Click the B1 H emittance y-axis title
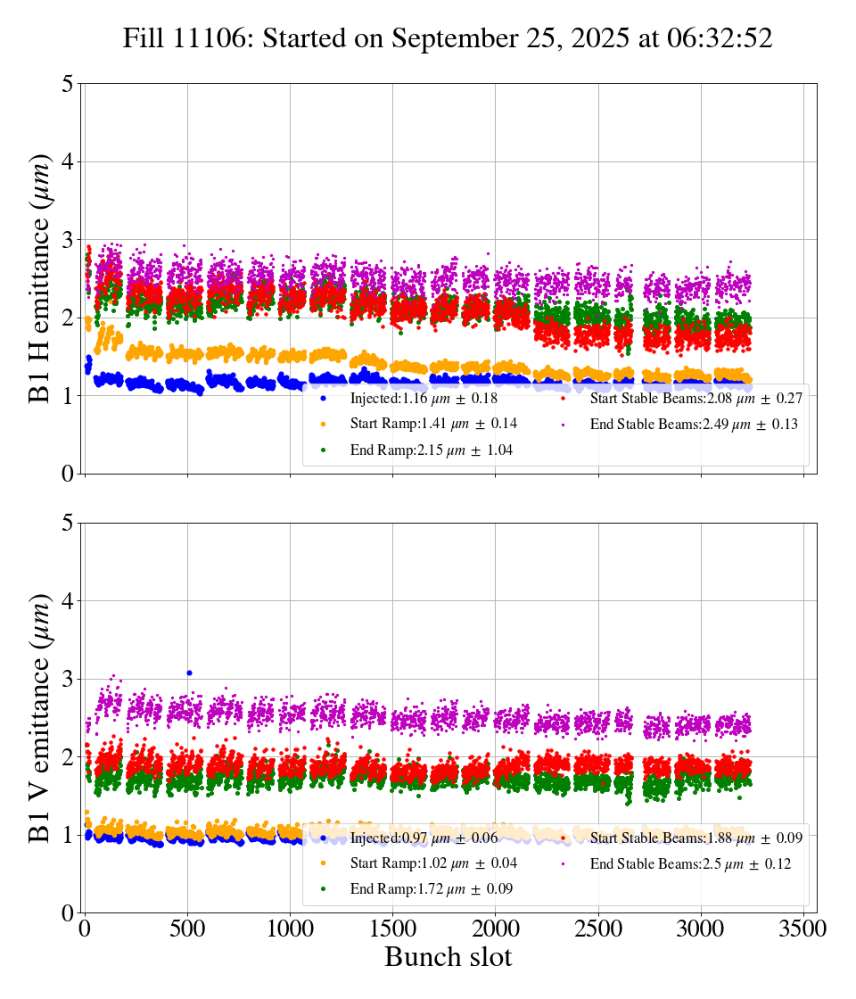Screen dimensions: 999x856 (41, 278)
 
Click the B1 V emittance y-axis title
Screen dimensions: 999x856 (41, 717)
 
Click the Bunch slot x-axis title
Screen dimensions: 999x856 (448, 957)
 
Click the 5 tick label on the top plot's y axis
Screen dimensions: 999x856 (68, 85)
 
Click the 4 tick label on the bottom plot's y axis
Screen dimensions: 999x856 (68, 601)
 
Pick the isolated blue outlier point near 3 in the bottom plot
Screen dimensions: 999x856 (189, 673)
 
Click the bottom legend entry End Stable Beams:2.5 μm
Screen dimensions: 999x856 (689, 863)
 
